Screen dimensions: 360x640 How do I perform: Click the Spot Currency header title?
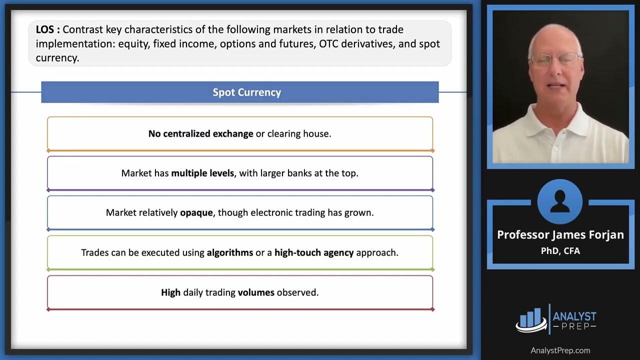pos(246,92)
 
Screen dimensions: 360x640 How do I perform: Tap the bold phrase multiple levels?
pos(202,173)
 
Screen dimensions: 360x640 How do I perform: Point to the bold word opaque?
pos(196,212)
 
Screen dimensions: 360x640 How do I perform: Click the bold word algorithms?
pos(230,252)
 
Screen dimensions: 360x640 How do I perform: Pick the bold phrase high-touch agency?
pos(314,252)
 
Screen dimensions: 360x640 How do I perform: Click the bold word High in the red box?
pos(170,292)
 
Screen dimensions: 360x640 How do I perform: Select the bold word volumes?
pos(256,292)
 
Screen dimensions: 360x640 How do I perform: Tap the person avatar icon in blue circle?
pos(560,201)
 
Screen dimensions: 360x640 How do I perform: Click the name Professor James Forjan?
pos(560,235)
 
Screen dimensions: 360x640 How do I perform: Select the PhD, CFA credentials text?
pos(560,250)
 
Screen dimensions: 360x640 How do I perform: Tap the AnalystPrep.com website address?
pos(560,350)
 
